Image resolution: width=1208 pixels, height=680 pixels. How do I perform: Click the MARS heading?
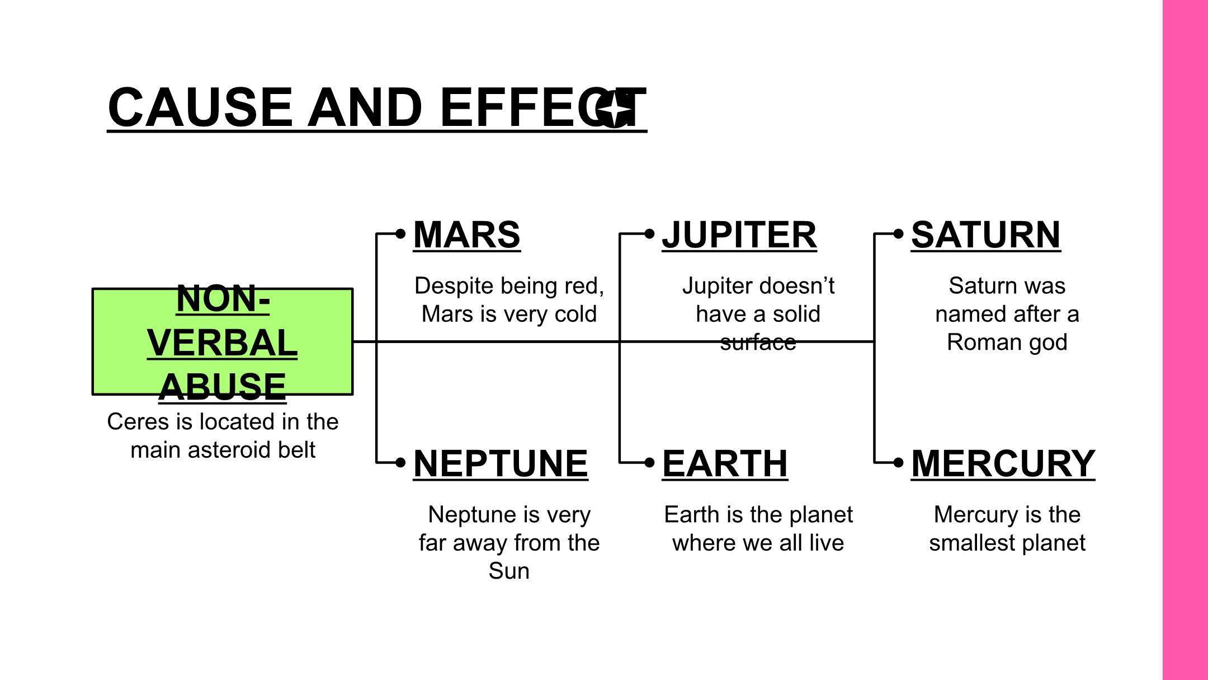pyautogui.click(x=467, y=235)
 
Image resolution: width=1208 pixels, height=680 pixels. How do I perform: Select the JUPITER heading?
pyautogui.click(x=739, y=235)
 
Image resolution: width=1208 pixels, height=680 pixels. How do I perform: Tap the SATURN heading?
pyautogui.click(x=986, y=235)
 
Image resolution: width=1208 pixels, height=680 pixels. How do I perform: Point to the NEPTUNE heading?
pyautogui.click(x=501, y=464)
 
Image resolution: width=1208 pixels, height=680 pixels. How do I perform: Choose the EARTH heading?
pyautogui.click(x=725, y=464)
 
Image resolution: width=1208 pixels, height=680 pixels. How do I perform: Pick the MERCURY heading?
pyautogui.click(x=1003, y=464)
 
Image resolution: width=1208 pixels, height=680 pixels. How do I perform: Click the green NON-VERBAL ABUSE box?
pyautogui.click(x=223, y=341)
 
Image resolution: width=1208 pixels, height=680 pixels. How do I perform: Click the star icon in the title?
pyautogui.click(x=614, y=109)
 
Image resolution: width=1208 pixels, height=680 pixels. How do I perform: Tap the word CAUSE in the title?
pyautogui.click(x=200, y=107)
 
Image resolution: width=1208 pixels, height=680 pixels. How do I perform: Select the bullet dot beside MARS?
pyautogui.click(x=400, y=233)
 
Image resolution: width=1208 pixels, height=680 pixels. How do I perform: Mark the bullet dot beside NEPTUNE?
pyautogui.click(x=400, y=462)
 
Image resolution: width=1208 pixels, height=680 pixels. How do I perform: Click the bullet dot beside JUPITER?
pyautogui.click(x=649, y=233)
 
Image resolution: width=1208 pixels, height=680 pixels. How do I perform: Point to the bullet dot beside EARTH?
pyautogui.click(x=649, y=462)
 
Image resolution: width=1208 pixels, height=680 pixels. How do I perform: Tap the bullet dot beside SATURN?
pyautogui.click(x=898, y=233)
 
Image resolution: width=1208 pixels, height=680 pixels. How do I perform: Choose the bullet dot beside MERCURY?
pyautogui.click(x=898, y=462)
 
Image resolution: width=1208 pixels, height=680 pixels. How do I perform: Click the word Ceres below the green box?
pyautogui.click(x=139, y=422)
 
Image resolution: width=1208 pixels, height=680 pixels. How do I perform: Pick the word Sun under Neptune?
pyautogui.click(x=509, y=571)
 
